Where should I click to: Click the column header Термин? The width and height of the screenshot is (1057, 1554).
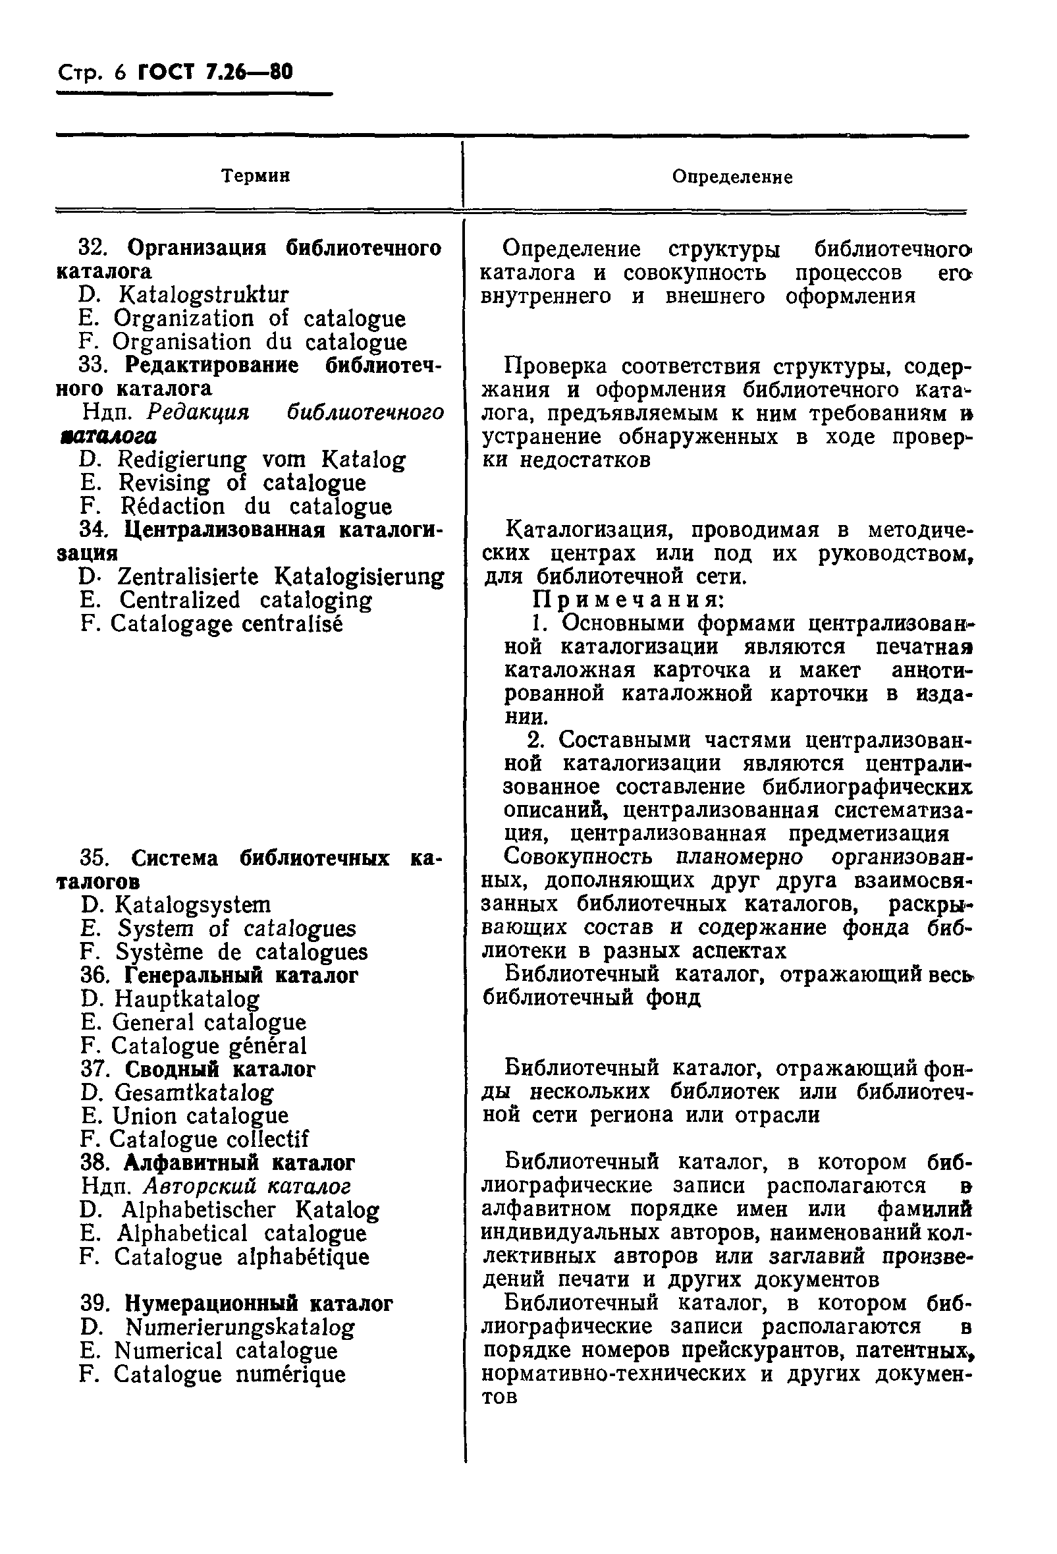256,177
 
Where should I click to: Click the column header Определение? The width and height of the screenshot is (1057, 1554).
732,177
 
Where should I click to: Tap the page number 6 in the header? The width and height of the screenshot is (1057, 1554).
121,72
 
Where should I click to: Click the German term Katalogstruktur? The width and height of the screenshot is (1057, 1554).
204,295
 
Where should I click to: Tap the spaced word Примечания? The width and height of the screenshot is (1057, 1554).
628,600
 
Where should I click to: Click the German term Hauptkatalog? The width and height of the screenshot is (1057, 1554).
187,999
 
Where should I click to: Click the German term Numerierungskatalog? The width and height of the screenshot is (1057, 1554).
240,1327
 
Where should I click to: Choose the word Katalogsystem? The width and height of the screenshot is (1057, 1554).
193,904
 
